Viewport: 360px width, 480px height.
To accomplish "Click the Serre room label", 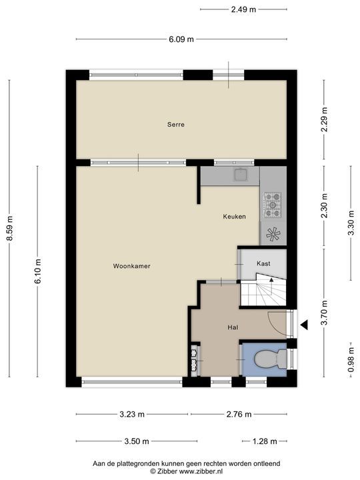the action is (x=176, y=125).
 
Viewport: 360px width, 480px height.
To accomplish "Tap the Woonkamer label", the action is (x=131, y=266).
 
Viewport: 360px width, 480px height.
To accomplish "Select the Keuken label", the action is (x=234, y=217).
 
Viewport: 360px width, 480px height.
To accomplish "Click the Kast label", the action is (x=263, y=263).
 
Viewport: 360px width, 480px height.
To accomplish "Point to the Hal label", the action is (x=233, y=327).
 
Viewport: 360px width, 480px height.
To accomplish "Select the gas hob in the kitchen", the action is (x=273, y=205).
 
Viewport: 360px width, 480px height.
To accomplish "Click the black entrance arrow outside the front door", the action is (x=304, y=325).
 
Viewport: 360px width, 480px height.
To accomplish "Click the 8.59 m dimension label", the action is (x=10, y=229).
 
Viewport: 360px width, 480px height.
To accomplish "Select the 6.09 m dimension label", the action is (x=181, y=39).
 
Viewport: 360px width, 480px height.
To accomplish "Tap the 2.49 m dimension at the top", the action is (x=243, y=9).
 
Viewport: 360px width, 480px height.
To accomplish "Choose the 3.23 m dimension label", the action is (x=131, y=414).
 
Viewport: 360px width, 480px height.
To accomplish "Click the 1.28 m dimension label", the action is (x=264, y=441).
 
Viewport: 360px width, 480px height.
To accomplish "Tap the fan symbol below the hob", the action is (x=273, y=234).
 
